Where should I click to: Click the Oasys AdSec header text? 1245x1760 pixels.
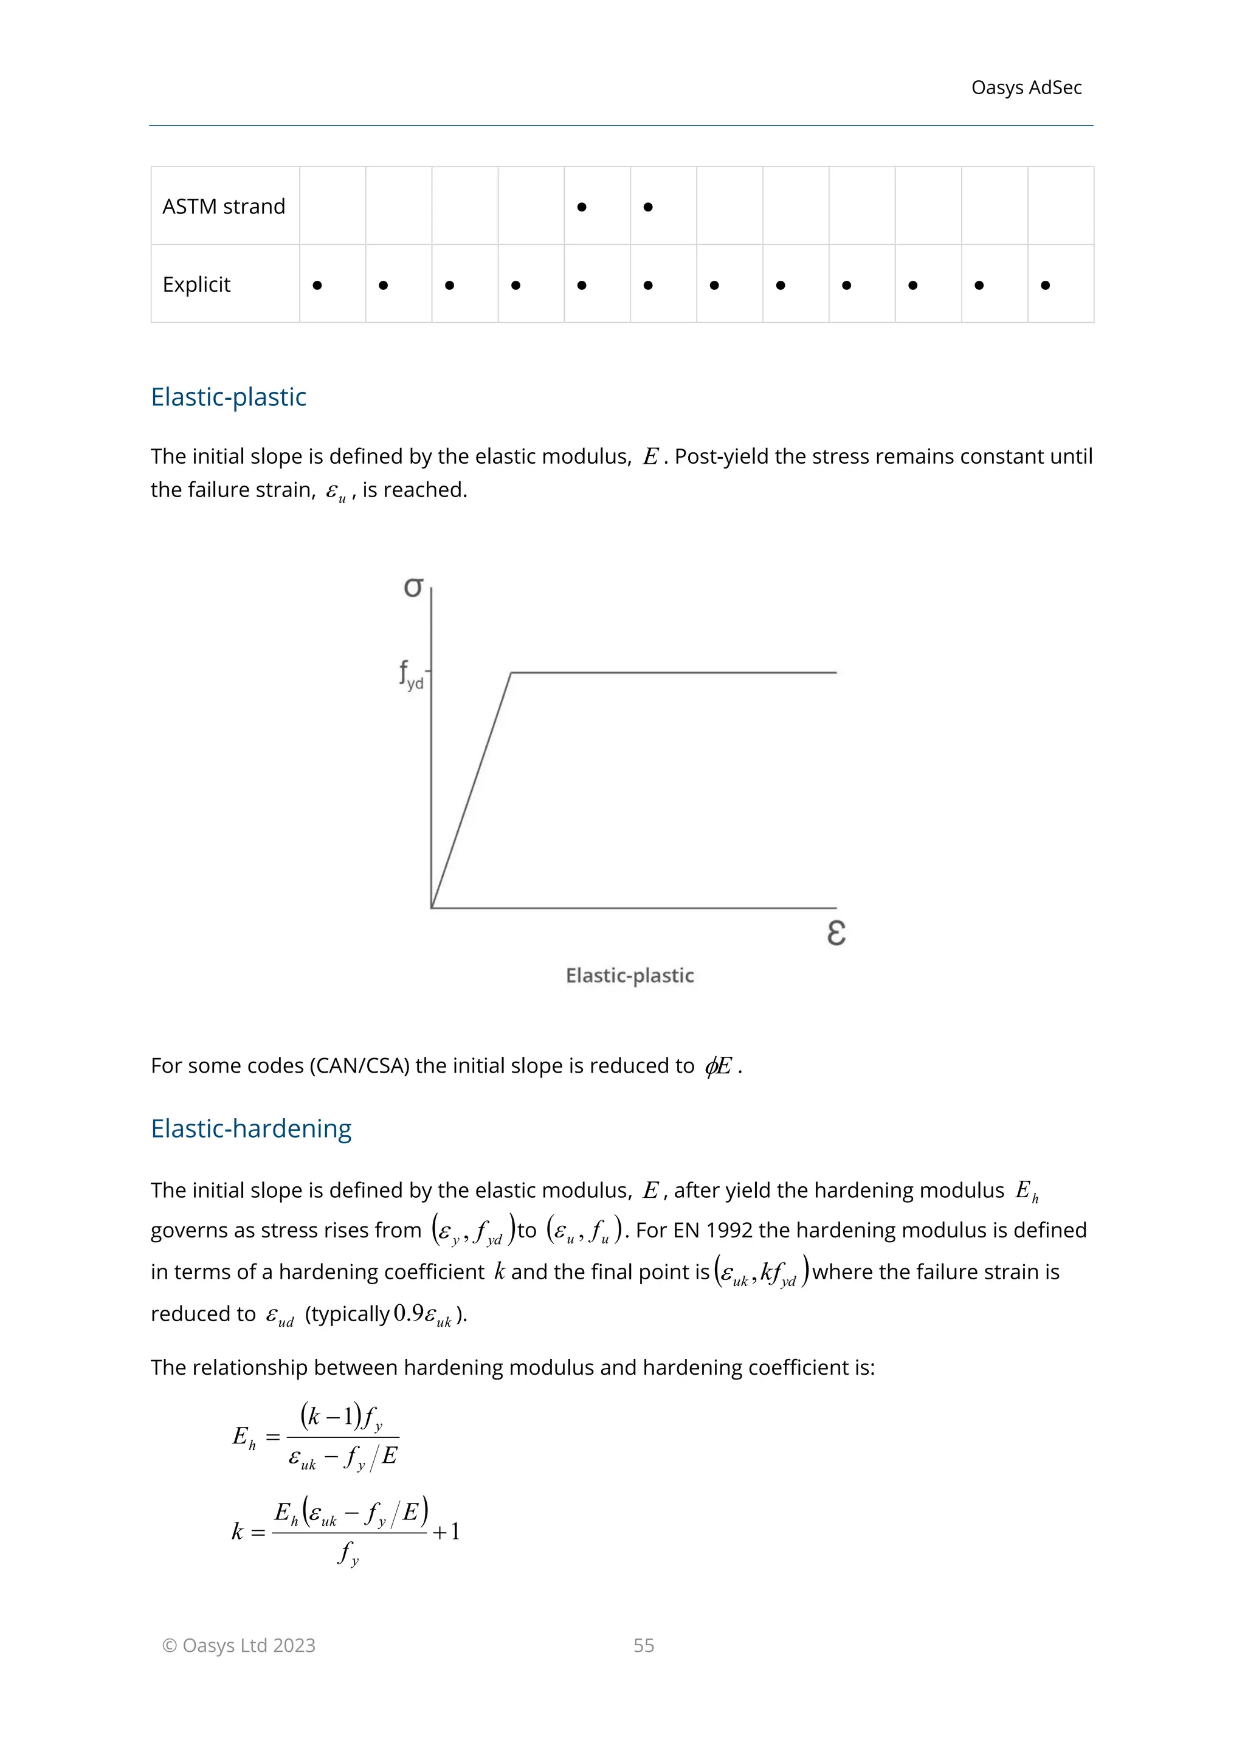coord(1026,88)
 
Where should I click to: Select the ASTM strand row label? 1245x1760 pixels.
coord(223,206)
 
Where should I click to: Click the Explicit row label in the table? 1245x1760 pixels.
coord(196,284)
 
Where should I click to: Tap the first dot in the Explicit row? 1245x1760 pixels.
coord(317,285)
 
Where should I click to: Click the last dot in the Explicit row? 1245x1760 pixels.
coord(1045,285)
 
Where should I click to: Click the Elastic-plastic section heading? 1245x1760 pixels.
coord(229,396)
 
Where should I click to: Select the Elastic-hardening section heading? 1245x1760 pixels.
coord(250,1129)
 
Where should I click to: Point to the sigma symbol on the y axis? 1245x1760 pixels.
coord(413,587)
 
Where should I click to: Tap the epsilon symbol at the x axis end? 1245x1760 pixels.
coord(836,933)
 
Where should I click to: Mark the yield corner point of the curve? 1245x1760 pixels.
coord(511,673)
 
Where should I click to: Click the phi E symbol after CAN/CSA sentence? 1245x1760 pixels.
coord(719,1065)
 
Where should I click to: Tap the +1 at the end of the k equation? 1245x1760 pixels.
coord(446,1532)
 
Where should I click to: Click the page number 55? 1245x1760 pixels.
coord(643,1645)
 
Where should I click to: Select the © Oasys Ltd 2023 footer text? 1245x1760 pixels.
coord(238,1645)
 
